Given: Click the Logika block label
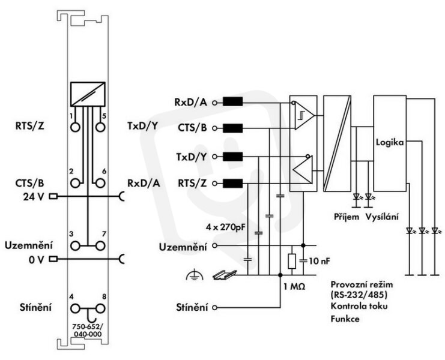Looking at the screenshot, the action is coord(390,142).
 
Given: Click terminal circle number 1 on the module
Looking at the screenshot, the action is coord(75,127).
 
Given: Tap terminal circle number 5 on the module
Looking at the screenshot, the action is coord(100,127).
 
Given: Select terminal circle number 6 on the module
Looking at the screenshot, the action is coord(100,183).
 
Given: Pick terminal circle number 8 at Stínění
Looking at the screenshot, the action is coord(100,308).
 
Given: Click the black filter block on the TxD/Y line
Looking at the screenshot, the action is coord(233,157).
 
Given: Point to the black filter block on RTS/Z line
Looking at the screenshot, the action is coord(233,184).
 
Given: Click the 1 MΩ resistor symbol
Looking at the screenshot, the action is coord(292,261).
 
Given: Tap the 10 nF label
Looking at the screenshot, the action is coord(319,261).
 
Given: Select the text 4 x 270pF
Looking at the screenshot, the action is coord(225,227).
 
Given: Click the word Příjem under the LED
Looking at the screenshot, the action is coord(347,217).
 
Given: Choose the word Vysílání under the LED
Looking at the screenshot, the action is coord(382,217).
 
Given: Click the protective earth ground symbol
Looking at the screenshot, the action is coord(195,275).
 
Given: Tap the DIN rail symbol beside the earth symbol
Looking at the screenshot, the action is coord(225,274).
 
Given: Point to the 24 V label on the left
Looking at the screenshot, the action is coord(34,196).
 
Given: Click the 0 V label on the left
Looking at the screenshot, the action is coord(36,259).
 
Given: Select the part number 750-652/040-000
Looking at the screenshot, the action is coord(88,331).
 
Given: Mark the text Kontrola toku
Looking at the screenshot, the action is coord(359,306).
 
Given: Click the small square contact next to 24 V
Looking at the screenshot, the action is coord(53,196).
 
